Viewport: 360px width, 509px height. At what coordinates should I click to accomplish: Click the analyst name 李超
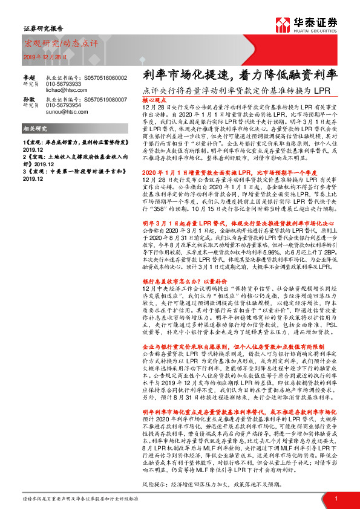[x=28, y=77]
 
